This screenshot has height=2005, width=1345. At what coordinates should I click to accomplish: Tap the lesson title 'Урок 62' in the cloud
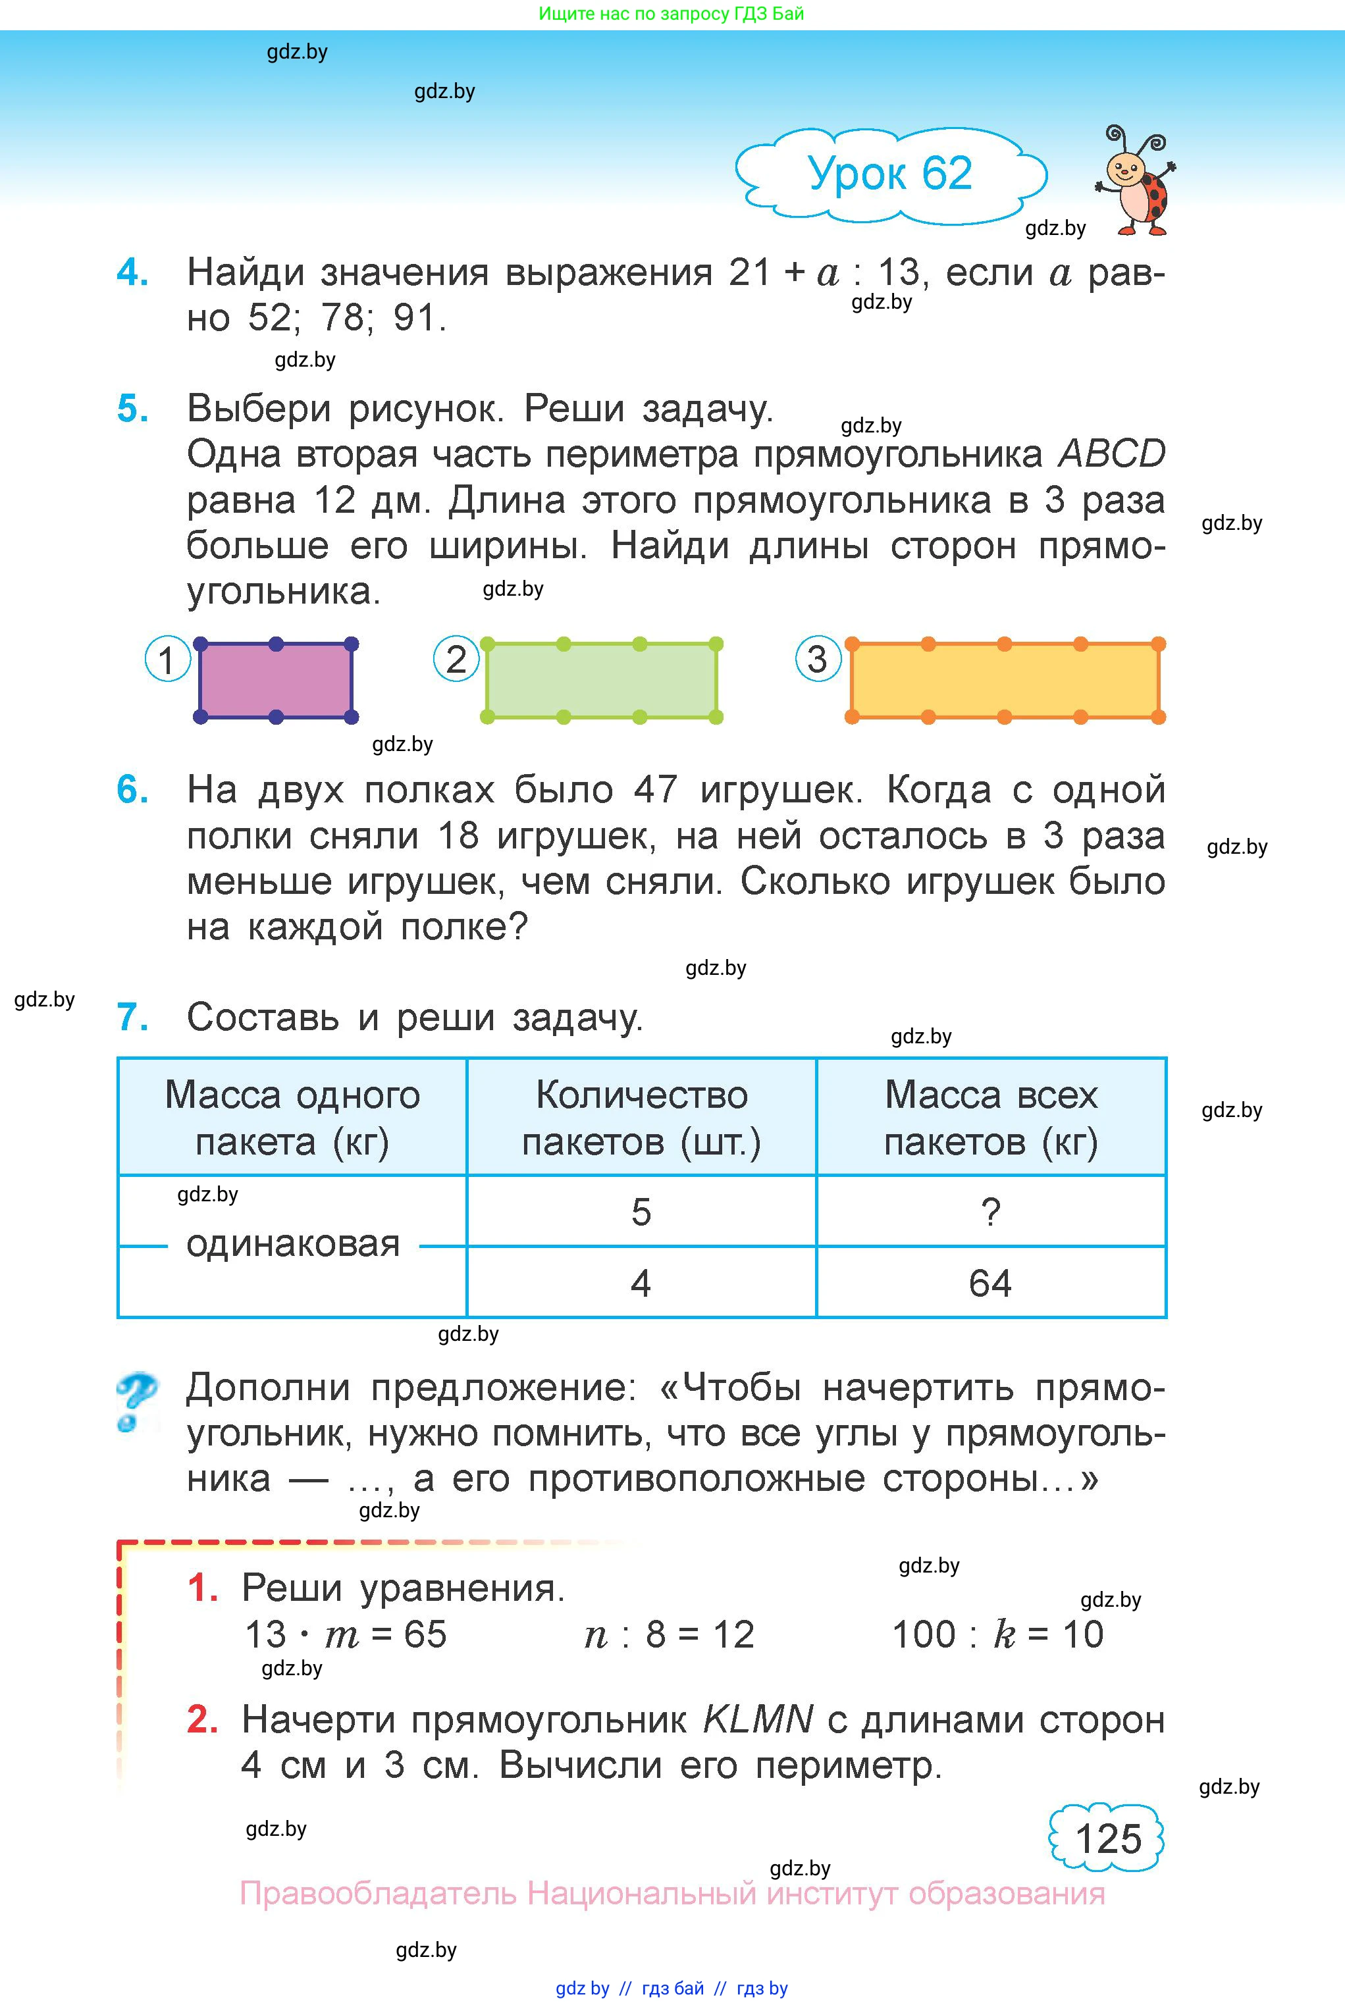(x=889, y=174)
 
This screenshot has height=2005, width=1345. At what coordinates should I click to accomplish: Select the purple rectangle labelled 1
(x=275, y=680)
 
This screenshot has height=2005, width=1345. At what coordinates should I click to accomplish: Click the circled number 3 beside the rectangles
(x=818, y=659)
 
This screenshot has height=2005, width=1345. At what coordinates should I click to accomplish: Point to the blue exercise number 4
(x=132, y=273)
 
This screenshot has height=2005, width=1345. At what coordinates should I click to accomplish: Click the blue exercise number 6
(x=132, y=790)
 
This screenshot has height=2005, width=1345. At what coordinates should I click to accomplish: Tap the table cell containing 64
(x=990, y=1284)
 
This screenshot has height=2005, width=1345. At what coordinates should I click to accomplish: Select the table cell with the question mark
(x=990, y=1212)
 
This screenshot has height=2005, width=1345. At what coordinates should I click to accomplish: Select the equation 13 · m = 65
(x=346, y=1634)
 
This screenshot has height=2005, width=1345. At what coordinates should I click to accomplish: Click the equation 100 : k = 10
(x=997, y=1634)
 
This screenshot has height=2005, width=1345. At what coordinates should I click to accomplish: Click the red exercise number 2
(x=202, y=1719)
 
